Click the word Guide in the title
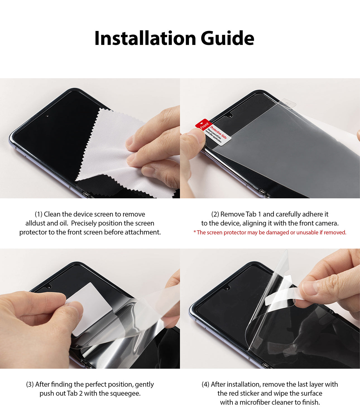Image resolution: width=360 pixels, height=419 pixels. (x=227, y=38)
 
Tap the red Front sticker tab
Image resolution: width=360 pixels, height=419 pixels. (x=203, y=125)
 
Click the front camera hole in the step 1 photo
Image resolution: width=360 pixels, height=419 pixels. (x=47, y=116)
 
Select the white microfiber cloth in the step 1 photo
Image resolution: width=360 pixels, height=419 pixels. (x=109, y=145)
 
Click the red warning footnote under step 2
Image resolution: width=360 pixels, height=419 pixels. (x=270, y=232)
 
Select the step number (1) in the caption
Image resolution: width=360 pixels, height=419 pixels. (x=39, y=214)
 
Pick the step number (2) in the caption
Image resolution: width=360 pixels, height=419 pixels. (x=215, y=214)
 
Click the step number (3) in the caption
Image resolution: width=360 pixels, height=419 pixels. (x=30, y=384)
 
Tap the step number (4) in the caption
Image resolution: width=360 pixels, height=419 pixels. (x=206, y=384)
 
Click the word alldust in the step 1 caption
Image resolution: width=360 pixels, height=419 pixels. (x=35, y=223)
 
